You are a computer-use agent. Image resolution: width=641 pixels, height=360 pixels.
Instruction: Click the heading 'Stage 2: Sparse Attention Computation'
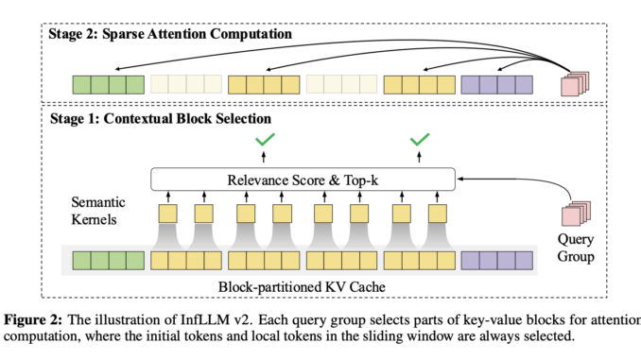pos(171,34)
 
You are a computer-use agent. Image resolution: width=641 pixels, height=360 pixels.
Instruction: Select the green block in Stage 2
pos(108,83)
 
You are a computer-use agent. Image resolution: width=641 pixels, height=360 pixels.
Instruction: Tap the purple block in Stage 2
pos(496,83)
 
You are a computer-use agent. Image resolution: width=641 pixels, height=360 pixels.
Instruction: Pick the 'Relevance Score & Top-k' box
pos(303,178)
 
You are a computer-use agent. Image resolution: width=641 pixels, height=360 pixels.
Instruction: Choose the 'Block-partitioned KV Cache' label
pos(303,284)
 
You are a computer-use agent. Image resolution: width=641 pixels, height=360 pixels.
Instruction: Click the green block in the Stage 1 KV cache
pos(108,260)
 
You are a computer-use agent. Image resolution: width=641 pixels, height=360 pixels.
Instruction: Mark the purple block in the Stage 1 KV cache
pos(496,260)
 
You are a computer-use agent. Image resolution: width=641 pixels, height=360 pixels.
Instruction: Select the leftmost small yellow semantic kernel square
pos(167,214)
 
